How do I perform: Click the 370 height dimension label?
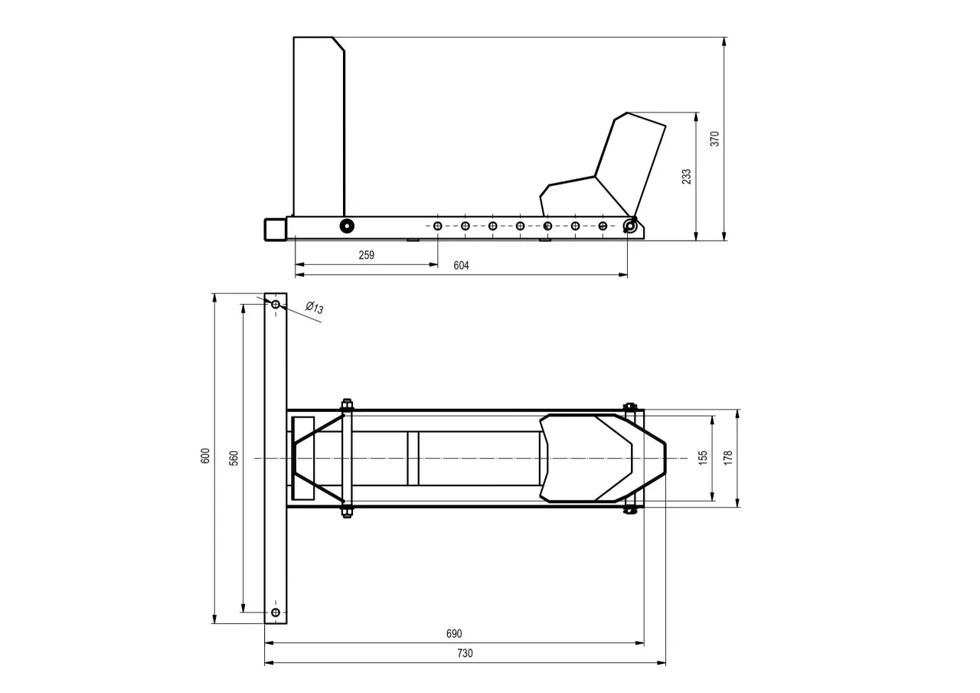[x=715, y=139]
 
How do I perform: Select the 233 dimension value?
[x=687, y=176]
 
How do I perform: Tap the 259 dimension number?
[x=367, y=255]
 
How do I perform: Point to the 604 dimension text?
[x=461, y=266]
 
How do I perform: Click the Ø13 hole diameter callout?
[x=314, y=308]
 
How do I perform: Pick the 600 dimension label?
[x=205, y=456]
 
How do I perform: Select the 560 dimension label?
[x=234, y=457]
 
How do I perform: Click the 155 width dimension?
[x=703, y=458]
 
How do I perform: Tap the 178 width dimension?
[x=728, y=458]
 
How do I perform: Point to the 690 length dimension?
[x=454, y=634]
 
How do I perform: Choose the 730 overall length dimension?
[x=465, y=653]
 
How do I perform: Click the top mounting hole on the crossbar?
[x=276, y=304]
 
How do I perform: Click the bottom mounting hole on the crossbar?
[x=276, y=612]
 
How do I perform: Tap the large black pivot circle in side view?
[x=347, y=226]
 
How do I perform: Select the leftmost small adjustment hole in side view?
[x=437, y=226]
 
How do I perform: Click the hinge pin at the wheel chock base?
[x=629, y=225]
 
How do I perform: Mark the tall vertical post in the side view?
[x=318, y=126]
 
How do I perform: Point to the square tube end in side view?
[x=275, y=229]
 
